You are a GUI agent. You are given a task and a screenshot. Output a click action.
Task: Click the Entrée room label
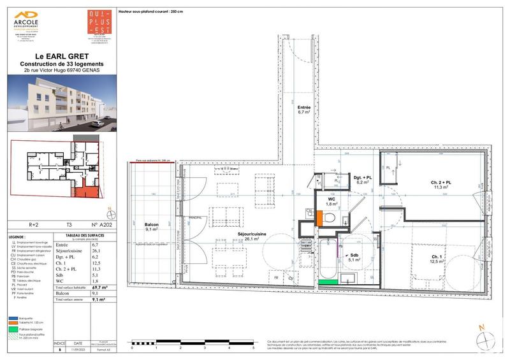304,111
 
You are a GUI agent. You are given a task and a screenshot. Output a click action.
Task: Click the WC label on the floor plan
332,200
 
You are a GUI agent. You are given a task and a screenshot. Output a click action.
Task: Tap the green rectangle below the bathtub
328,281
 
